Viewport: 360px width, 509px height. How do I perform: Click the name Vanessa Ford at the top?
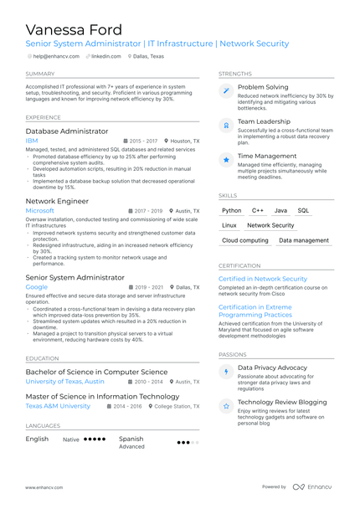[x=74, y=30]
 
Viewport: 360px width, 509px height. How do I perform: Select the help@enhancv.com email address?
[x=58, y=56]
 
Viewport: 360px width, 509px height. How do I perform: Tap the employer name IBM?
[x=32, y=141]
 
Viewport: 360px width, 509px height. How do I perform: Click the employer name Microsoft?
[x=39, y=211]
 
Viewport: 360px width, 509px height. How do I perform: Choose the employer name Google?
[x=37, y=286]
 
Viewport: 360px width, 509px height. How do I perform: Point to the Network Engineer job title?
[x=57, y=202]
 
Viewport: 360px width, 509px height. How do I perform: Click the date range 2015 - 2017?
[x=142, y=141]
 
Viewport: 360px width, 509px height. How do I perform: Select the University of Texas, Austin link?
[x=64, y=381]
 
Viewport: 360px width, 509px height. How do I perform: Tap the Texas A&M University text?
[x=58, y=406]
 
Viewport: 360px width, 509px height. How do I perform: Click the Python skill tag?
[x=232, y=211]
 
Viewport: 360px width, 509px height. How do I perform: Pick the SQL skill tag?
[x=303, y=211]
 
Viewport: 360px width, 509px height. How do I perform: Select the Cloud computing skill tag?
[x=245, y=240]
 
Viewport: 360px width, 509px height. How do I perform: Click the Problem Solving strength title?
[x=263, y=87]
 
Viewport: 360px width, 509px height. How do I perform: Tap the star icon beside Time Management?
[x=225, y=158]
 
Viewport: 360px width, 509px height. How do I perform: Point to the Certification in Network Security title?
[x=263, y=279]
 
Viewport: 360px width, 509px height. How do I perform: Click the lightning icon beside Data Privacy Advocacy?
[x=225, y=371]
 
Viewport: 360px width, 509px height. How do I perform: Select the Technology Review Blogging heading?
[x=282, y=403]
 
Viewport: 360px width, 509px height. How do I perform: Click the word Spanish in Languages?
[x=131, y=438]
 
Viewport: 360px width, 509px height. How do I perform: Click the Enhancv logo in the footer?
[x=311, y=486]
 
